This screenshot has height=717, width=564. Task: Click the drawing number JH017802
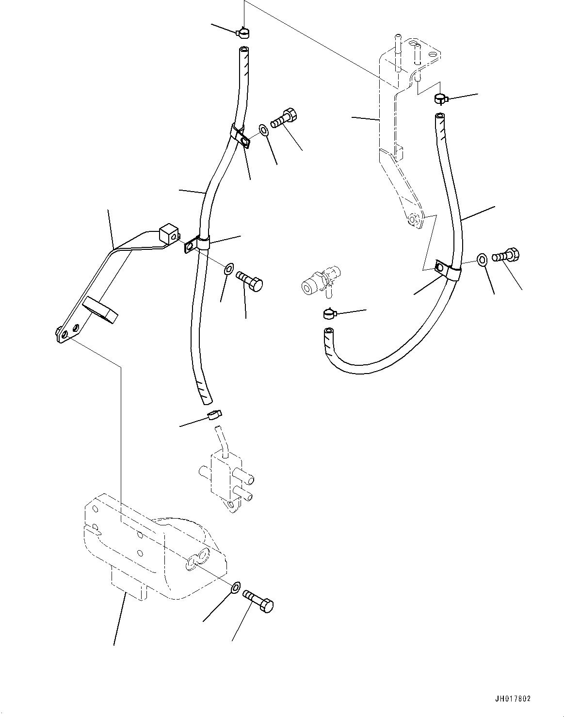[x=513, y=699]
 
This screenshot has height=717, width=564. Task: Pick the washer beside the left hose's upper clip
[x=263, y=130]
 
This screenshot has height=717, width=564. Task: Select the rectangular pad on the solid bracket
[x=101, y=310]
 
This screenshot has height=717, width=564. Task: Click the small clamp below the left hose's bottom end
[x=214, y=414]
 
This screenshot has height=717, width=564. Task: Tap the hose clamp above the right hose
[x=440, y=99]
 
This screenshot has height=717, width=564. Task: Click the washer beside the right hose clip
[x=482, y=259]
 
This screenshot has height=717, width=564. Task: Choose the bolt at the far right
[x=506, y=255]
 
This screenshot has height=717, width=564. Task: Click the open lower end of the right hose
[x=329, y=332]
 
